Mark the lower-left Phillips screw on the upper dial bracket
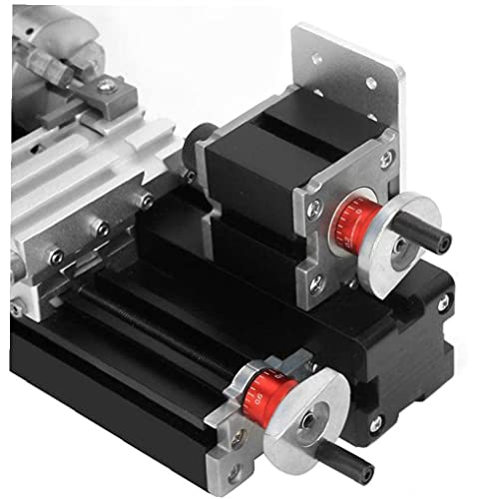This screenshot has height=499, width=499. pyautogui.click(x=316, y=284)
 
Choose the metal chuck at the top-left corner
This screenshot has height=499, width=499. pyautogui.click(x=40, y=40)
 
